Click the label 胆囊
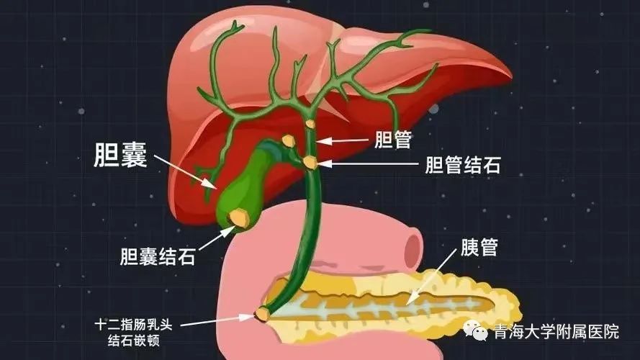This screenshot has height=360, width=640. [x=120, y=155]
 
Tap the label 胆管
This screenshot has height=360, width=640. [x=393, y=140]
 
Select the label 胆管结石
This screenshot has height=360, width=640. [x=463, y=166]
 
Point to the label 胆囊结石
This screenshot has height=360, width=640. [x=158, y=256]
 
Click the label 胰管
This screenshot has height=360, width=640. [x=479, y=247]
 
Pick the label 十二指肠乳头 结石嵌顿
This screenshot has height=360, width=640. [x=133, y=332]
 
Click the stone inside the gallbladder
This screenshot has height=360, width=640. [x=239, y=217]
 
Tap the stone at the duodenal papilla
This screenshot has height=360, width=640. [x=261, y=314]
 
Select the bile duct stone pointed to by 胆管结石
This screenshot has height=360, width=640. [x=310, y=163]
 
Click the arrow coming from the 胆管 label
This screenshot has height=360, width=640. [x=342, y=141]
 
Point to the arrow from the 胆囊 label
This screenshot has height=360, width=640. [x=185, y=172]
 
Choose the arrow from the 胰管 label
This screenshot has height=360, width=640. [x=431, y=277]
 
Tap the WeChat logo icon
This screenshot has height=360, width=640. [x=476, y=330]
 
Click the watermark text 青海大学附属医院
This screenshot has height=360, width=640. [x=556, y=331]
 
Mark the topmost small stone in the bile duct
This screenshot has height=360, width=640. [x=310, y=123]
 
